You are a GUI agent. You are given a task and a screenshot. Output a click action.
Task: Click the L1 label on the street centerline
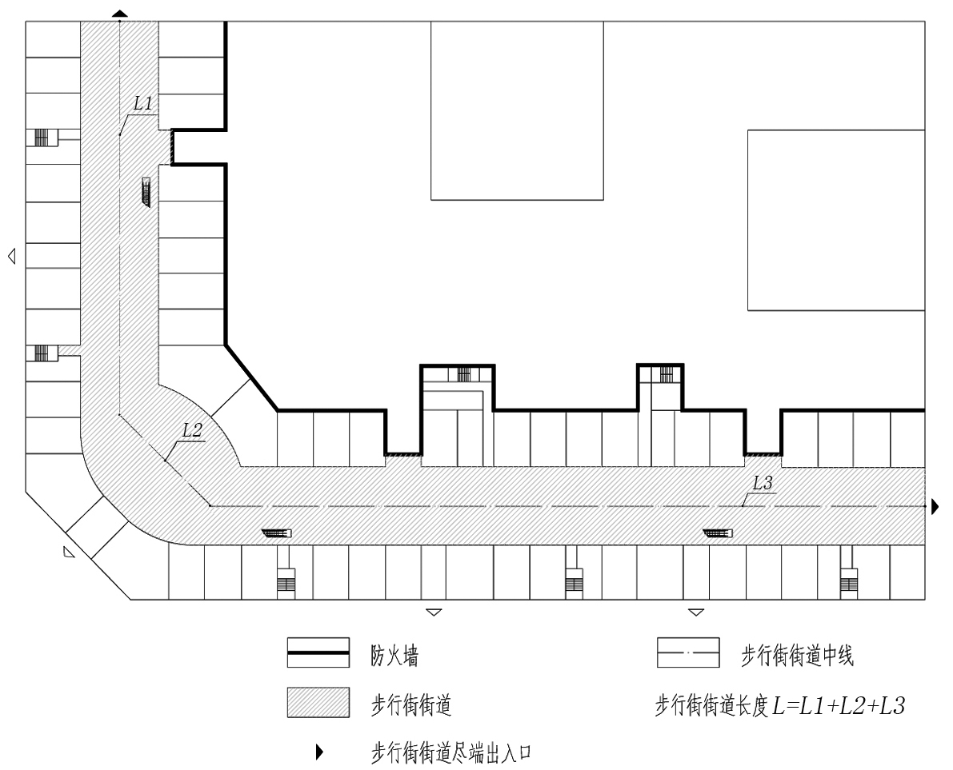coord(142,103)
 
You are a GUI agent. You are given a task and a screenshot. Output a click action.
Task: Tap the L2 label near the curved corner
coord(192,430)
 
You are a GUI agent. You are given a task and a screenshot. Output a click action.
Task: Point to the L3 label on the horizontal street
coord(762,483)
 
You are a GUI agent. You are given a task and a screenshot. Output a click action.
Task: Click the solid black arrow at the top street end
coord(120,14)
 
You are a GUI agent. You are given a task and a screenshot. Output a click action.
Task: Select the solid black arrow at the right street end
coord(935,506)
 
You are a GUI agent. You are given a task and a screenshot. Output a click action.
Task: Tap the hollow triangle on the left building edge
coord(11,256)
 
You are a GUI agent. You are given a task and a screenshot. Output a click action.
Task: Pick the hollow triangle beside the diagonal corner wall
coord(68,552)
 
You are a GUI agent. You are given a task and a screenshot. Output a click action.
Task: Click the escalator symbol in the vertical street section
coord(146,192)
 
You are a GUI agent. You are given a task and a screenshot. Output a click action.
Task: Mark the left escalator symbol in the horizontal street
coord(277,533)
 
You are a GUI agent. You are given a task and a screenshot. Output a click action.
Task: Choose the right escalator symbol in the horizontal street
coord(718,533)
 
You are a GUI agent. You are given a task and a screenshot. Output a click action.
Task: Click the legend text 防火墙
coord(394,655)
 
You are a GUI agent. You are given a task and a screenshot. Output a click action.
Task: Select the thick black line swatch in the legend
coord(318,652)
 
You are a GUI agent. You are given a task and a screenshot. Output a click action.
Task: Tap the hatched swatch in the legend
coord(318,703)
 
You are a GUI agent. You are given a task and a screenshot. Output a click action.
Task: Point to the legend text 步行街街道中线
coord(797,655)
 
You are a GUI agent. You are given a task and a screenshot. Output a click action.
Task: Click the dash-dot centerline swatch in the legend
coord(688,652)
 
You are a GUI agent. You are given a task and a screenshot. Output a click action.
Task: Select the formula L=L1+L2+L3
coord(839,705)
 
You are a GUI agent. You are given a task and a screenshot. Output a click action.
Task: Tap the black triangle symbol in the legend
coord(319,752)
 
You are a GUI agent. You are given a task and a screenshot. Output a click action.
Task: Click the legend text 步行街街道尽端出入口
coord(451,753)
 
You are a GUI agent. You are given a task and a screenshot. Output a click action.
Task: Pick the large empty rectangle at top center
coord(517,110)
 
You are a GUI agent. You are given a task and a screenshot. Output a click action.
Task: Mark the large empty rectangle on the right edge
coord(836,221)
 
